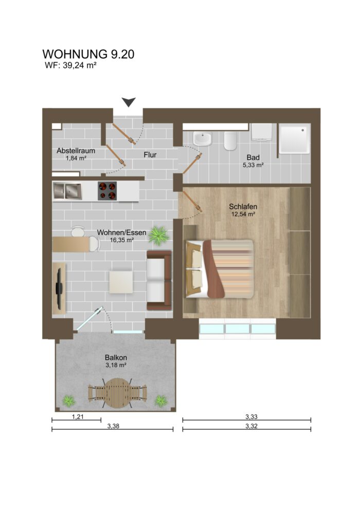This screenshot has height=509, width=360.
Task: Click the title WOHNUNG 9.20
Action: pyautogui.click(x=88, y=54)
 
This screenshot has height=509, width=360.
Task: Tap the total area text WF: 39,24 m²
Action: pyautogui.click(x=72, y=65)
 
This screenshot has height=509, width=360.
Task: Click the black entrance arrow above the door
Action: pyautogui.click(x=129, y=102)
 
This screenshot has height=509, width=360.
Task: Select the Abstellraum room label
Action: pyautogui.click(x=76, y=151)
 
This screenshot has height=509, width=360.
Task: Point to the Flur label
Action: pyautogui.click(x=150, y=154)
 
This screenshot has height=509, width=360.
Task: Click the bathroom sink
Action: pyautogui.click(x=202, y=139)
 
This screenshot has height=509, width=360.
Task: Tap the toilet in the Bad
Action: pyautogui.click(x=230, y=140)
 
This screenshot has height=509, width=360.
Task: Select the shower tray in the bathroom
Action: pyautogui.click(x=294, y=138)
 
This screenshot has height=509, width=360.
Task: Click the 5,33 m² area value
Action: pyautogui.click(x=253, y=165)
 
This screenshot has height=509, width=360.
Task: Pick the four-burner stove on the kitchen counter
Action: pyautogui.click(x=107, y=191)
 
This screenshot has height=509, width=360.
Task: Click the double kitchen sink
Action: pyautogui.click(x=67, y=191)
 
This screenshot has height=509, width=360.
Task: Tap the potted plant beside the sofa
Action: pyautogui.click(x=158, y=235)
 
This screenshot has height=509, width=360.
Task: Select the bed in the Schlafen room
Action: pyautogui.click(x=220, y=268)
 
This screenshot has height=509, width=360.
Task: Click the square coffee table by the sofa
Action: pyautogui.click(x=121, y=281)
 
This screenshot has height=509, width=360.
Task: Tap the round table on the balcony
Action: pyautogui.click(x=118, y=393)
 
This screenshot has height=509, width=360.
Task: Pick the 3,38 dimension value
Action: pyautogui.click(x=112, y=426)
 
